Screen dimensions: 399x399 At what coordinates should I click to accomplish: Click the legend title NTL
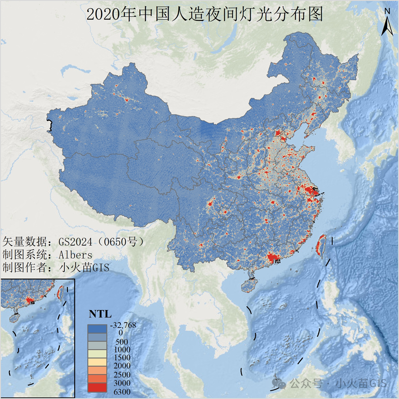(100, 314)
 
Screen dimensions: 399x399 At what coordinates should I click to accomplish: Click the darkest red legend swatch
(98, 388)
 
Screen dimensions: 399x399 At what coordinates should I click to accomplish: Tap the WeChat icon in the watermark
(281, 384)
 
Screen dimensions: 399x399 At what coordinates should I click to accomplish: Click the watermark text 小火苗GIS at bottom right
(362, 384)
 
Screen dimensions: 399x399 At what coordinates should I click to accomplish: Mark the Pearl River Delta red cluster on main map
(273, 258)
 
